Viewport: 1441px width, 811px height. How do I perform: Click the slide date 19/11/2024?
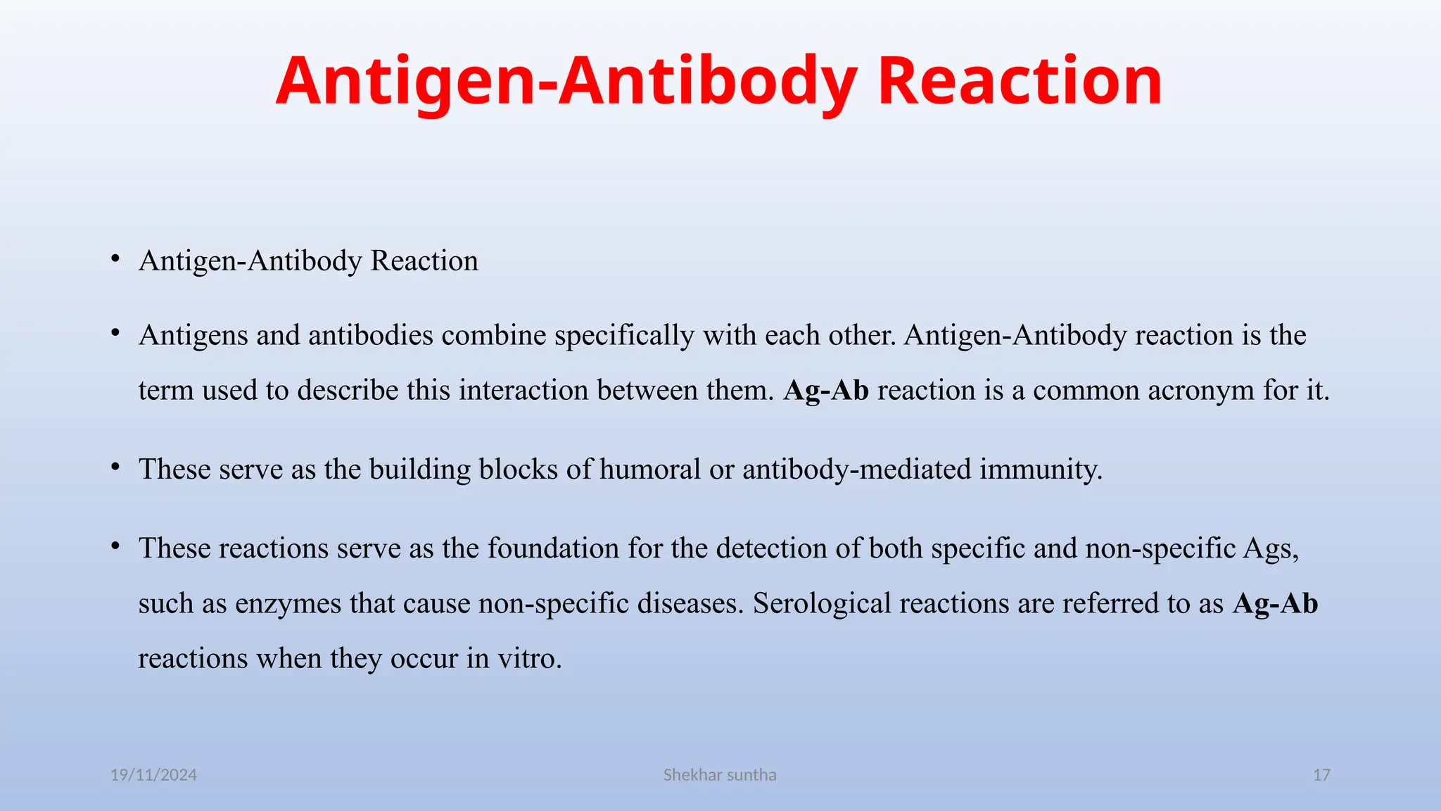click(153, 775)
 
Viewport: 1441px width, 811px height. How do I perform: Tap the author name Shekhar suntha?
click(720, 775)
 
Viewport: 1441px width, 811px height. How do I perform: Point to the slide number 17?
click(1321, 775)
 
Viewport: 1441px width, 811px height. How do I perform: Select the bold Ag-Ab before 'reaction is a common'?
click(826, 390)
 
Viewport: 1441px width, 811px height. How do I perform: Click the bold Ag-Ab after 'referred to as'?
click(1275, 603)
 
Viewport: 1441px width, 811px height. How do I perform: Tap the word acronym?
click(1200, 390)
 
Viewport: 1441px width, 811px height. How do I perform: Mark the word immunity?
click(1041, 469)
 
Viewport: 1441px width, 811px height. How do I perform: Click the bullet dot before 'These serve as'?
click(115, 467)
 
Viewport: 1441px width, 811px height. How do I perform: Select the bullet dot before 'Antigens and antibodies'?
click(115, 334)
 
